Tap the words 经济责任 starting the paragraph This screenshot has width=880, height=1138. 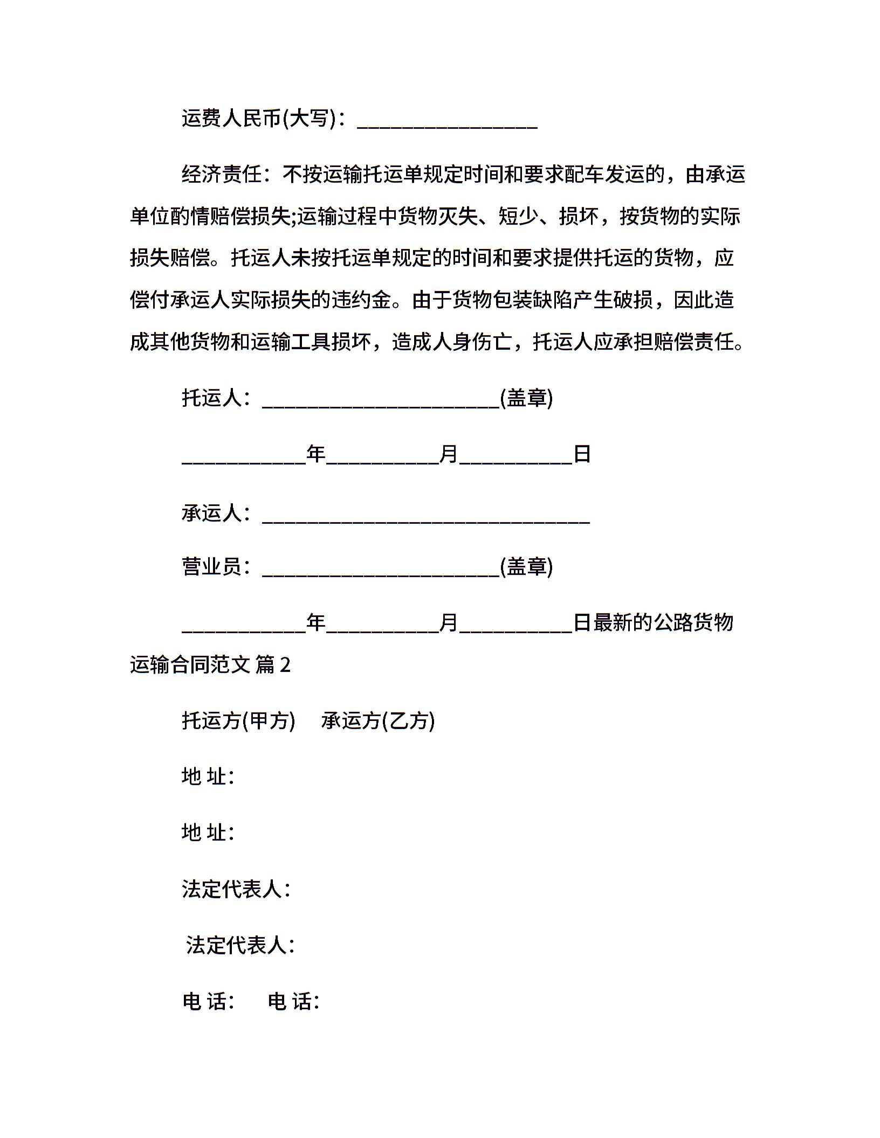click(x=222, y=175)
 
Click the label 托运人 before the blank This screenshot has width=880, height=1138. click(x=211, y=398)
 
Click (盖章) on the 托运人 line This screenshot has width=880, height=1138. click(x=526, y=398)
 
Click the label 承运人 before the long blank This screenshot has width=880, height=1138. click(x=211, y=513)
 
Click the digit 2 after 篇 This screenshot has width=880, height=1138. click(x=285, y=665)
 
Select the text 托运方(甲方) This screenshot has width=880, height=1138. click(x=238, y=721)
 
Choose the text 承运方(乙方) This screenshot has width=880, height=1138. click(x=378, y=721)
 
